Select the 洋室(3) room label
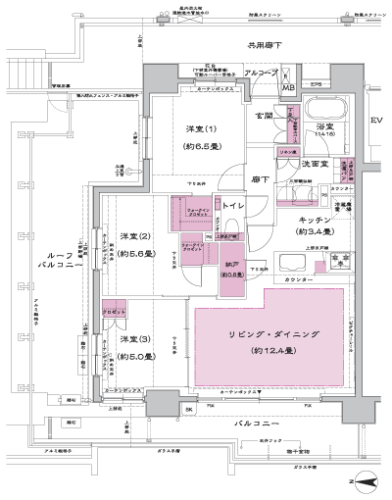[x=135, y=339]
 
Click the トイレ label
[x=232, y=206]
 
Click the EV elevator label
[x=376, y=121]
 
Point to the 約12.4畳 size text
[x=266, y=351]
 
